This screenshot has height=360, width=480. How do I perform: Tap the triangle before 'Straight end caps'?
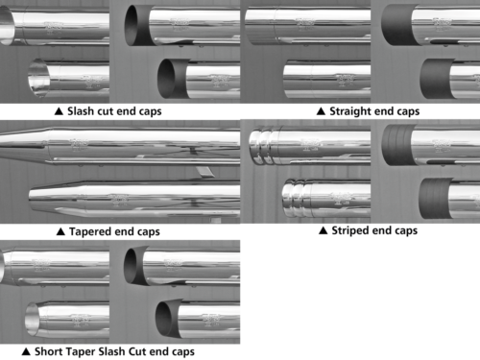pos(321,111)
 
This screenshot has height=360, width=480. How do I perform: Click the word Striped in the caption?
pos(348,230)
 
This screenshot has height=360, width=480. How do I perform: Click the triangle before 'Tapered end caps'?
pos(60,231)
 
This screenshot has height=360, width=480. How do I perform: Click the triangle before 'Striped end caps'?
pos(323,230)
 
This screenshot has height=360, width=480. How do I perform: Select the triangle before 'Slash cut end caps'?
pos(59,111)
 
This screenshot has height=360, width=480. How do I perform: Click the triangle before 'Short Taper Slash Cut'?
pos(26,351)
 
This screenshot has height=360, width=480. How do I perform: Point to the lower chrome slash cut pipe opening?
pos(38,78)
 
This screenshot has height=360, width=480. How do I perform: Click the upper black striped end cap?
pos(397,145)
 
